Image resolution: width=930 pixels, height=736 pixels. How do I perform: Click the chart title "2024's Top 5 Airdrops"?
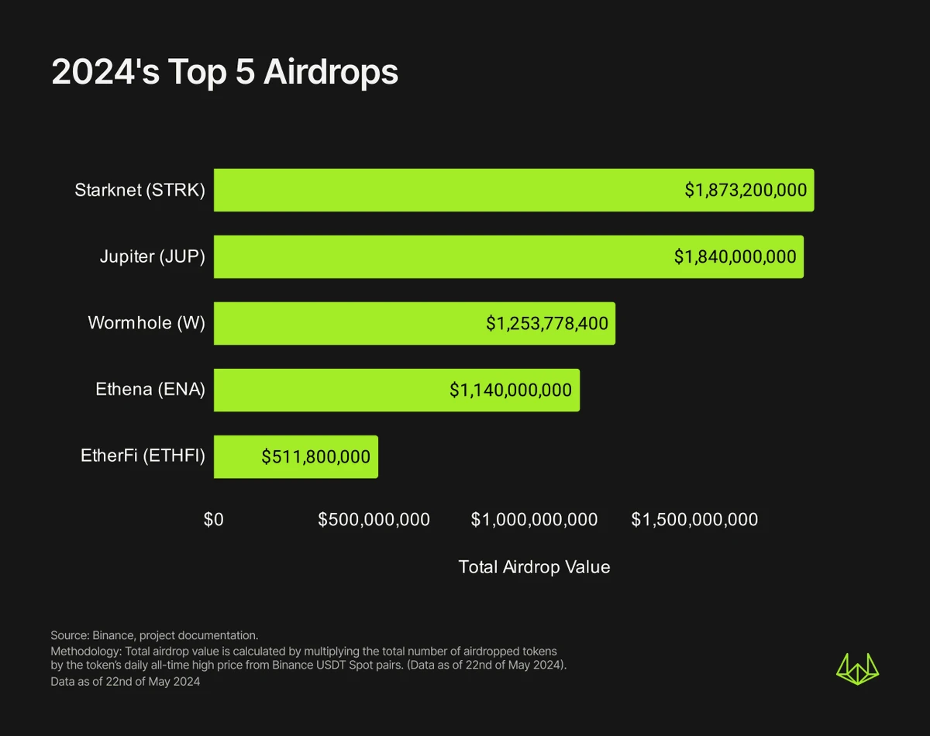(225, 73)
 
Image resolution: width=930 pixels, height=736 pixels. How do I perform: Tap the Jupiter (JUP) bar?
(434, 256)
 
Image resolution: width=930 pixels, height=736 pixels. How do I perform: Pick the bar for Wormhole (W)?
(349, 323)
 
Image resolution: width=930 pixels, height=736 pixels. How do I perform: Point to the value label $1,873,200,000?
(746, 190)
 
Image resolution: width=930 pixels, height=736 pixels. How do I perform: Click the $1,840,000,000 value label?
(735, 256)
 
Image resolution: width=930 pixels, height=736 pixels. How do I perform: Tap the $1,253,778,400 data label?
(547, 323)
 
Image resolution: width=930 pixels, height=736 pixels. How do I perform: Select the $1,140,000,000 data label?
(511, 390)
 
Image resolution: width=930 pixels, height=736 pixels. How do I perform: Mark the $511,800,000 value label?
(315, 456)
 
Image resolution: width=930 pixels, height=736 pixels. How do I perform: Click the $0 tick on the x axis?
(214, 520)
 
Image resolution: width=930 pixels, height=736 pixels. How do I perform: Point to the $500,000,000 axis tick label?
(374, 520)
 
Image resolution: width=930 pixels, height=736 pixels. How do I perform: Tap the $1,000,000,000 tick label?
(534, 520)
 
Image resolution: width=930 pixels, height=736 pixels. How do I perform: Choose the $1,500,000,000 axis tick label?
(694, 520)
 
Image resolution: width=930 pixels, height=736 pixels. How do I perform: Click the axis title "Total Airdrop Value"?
(534, 567)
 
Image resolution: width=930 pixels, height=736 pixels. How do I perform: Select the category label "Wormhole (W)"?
(146, 323)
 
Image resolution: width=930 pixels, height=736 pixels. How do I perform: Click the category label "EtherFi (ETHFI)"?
(143, 456)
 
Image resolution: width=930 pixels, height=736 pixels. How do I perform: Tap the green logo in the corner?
(858, 669)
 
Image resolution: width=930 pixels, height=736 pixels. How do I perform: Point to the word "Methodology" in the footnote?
(81, 651)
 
